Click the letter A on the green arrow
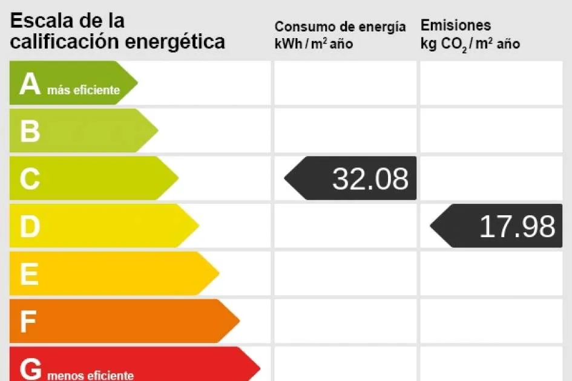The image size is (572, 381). coord(30,84)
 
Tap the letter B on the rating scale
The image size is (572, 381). coord(30,131)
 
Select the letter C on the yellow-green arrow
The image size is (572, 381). coord(30,179)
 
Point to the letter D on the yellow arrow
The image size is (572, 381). coord(30,227)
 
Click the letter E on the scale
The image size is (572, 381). coord(29,275)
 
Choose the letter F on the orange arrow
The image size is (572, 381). coord(28,322)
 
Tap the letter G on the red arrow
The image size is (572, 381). coord(31,368)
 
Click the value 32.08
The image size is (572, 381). coord(370,179)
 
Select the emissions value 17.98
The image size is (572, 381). coord(517,227)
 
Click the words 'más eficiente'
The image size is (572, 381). coord(83,91)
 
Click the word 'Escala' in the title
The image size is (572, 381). coord(41,21)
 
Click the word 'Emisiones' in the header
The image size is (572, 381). coord(456,25)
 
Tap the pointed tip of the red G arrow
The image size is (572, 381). coord(259,367)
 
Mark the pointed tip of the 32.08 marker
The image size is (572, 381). coord(286,178)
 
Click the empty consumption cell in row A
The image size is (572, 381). coord(345,83)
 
